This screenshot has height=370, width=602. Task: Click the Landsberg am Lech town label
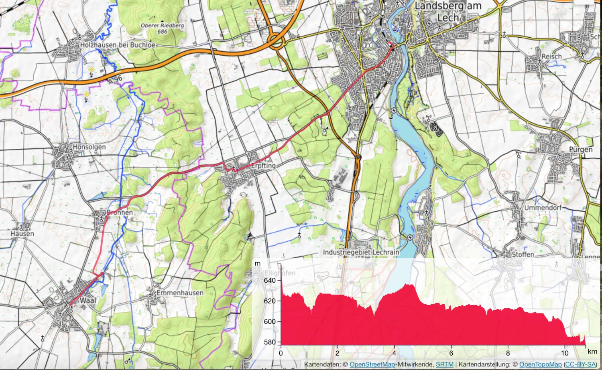(447, 12)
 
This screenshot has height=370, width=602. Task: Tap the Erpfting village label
(263, 166)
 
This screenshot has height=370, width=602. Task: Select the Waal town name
(88, 300)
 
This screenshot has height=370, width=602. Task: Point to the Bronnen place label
(120, 212)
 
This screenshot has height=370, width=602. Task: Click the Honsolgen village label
(89, 147)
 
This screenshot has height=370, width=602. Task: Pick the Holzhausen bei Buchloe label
(117, 45)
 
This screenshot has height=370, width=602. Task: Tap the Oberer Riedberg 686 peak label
(162, 28)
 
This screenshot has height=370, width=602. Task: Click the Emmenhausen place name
(180, 293)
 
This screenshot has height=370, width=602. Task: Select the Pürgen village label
(580, 150)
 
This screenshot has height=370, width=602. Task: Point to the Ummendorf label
(543, 208)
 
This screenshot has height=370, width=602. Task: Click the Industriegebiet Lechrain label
(361, 252)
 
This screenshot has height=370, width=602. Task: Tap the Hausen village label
(22, 233)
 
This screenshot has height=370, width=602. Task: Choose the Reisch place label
(551, 57)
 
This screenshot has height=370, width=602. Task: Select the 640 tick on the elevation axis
(270, 280)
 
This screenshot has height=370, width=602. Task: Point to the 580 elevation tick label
(270, 342)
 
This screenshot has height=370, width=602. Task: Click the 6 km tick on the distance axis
(451, 353)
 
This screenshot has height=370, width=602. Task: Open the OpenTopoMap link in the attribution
(540, 364)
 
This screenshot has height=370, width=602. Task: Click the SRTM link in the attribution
(445, 364)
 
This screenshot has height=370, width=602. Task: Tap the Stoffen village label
(523, 254)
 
